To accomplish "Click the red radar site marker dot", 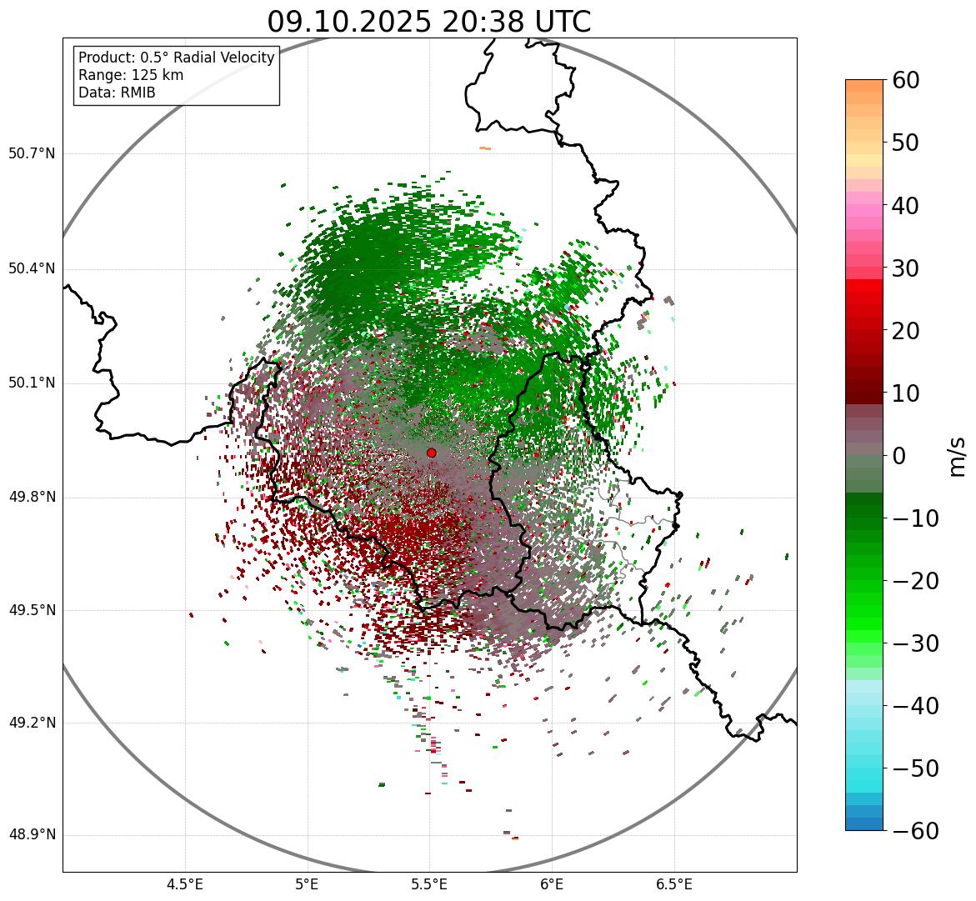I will coord(431,453).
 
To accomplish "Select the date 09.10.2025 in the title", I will coord(349,22).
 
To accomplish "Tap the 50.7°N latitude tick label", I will coord(32,154).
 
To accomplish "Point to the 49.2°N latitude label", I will coord(32,723).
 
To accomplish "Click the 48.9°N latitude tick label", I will coord(32,835).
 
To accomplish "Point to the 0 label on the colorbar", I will coord(899,456).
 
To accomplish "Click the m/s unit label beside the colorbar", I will coord(957,456).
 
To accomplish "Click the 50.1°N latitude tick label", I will coord(32,383).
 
